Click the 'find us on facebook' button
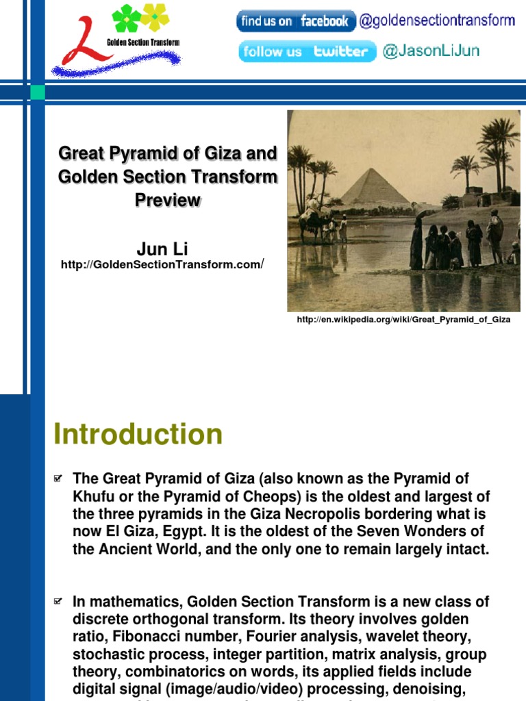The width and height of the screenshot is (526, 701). [296, 21]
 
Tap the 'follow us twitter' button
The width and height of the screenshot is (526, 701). [308, 52]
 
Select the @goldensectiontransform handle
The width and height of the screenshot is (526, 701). [437, 21]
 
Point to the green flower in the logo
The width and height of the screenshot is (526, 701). [126, 18]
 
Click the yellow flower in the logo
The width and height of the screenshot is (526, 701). [155, 16]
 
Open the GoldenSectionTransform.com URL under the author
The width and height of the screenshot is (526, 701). [162, 265]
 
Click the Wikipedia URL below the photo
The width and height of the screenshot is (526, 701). [403, 320]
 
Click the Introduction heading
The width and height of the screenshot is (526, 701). [138, 435]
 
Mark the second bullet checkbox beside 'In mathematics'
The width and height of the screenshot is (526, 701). [58, 602]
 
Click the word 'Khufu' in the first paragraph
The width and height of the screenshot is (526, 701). [93, 496]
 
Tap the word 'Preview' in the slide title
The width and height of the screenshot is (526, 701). [168, 200]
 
